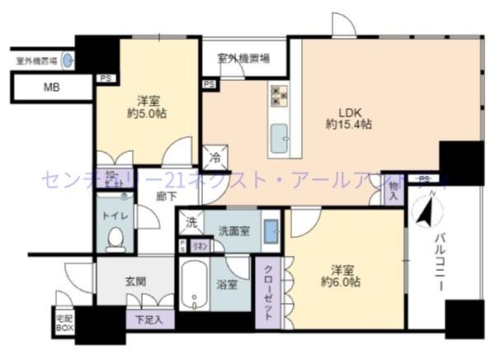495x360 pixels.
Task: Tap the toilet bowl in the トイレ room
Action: pyautogui.click(x=115, y=239)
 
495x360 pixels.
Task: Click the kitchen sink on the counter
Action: pyautogui.click(x=280, y=135)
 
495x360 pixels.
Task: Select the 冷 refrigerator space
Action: pyautogui.click(x=214, y=157)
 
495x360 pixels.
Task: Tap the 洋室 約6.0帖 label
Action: pyautogui.click(x=344, y=276)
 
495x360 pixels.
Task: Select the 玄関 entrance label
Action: pyautogui.click(x=136, y=281)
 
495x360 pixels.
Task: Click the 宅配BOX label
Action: pyautogui.click(x=64, y=323)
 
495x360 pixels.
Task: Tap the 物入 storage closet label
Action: pyautogui.click(x=394, y=192)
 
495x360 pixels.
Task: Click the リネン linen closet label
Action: pyautogui.click(x=200, y=245)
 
